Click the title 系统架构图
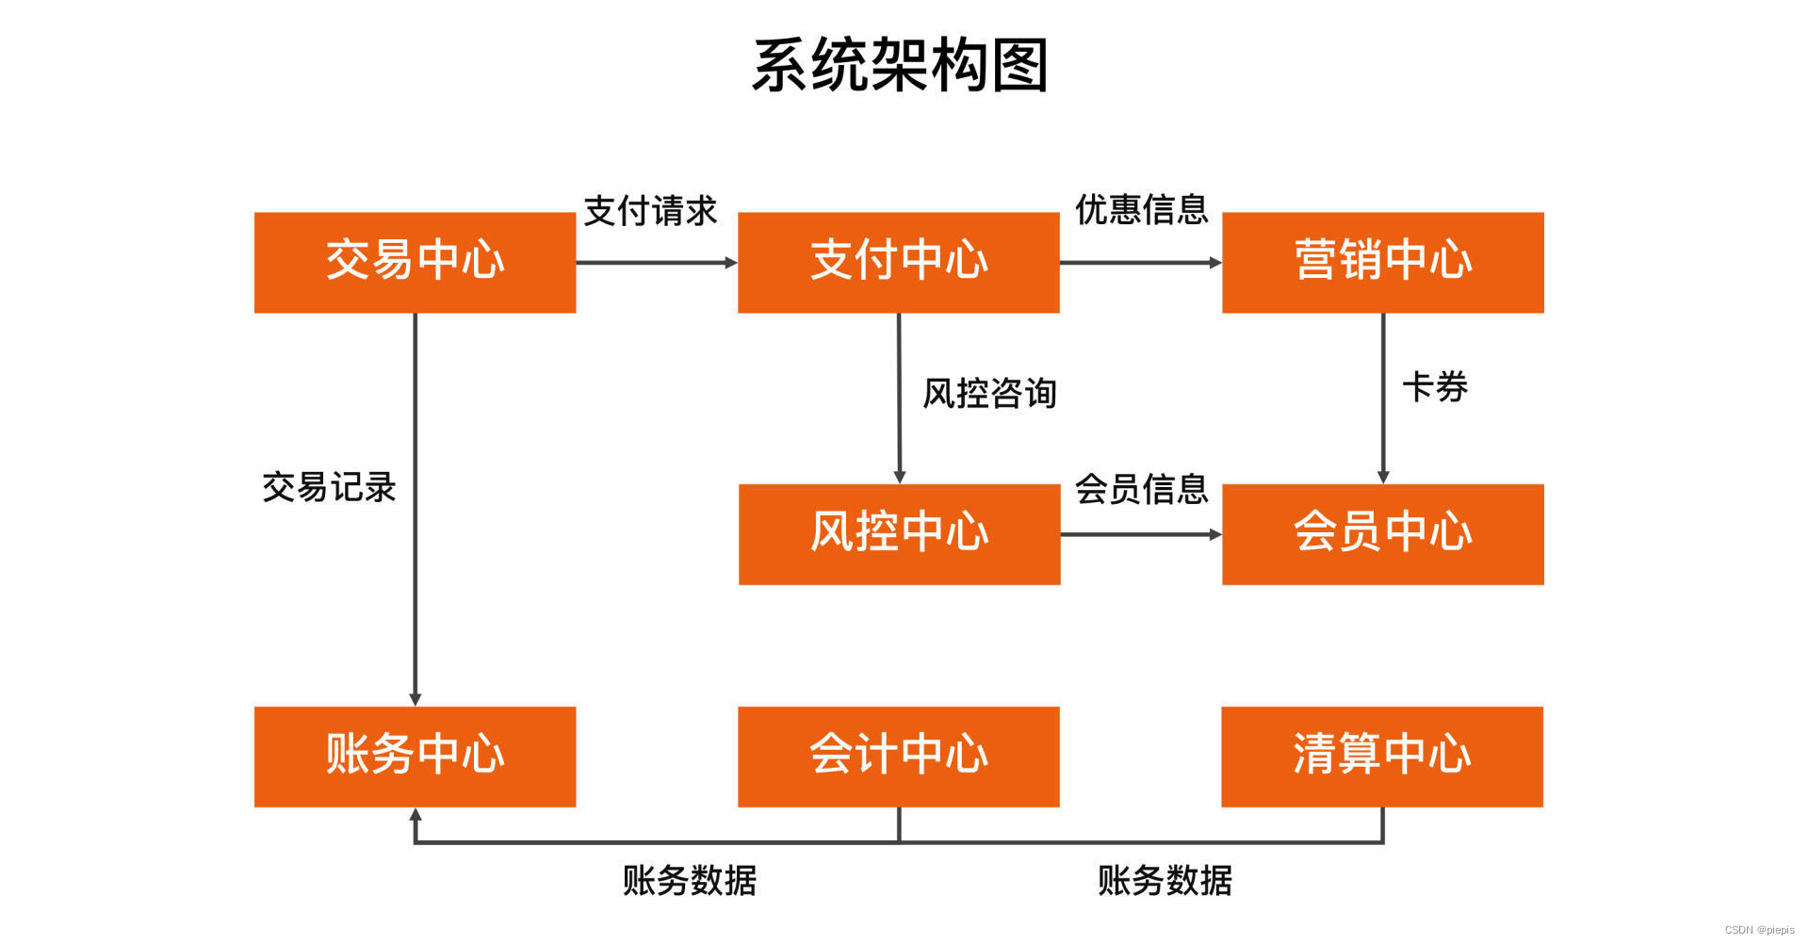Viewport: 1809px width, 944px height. point(900,66)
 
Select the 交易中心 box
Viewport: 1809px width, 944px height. point(415,262)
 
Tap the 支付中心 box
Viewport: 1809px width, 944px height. point(898,262)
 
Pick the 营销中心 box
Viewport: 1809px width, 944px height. point(1382,262)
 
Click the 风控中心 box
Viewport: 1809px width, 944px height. point(899,534)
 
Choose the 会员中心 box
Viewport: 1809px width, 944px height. point(1382,534)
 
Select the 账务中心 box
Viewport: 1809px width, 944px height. point(415,757)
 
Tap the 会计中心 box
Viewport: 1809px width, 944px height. point(898,757)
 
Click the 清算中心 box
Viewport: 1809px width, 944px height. point(1381,757)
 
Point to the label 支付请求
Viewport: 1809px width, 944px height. point(650,211)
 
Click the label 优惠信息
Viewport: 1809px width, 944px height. point(1141,209)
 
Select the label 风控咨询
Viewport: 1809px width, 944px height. point(989,393)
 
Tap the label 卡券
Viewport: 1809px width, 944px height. point(1435,387)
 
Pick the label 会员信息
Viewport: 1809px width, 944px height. point(1141,489)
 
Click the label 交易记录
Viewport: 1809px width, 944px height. point(329,487)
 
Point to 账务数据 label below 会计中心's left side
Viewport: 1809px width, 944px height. point(689,881)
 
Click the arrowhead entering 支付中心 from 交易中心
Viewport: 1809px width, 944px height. point(731,263)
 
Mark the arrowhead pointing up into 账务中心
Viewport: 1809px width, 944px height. point(416,814)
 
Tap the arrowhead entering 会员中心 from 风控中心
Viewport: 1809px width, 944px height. point(1215,534)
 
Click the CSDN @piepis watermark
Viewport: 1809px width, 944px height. point(1759,930)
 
